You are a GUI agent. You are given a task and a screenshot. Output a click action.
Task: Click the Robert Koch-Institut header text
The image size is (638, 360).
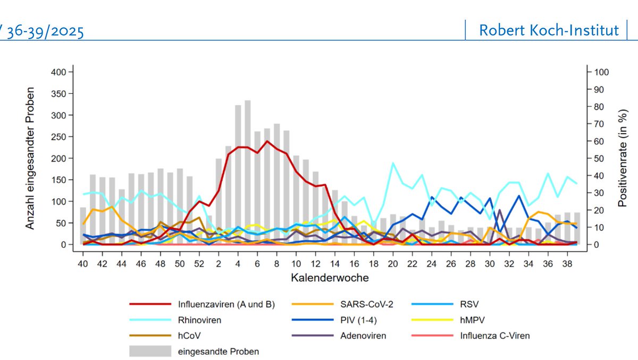point(549,30)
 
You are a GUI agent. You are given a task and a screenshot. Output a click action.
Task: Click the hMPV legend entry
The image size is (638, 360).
point(472,320)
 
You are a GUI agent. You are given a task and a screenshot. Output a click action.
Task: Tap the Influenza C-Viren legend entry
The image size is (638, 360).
point(494,336)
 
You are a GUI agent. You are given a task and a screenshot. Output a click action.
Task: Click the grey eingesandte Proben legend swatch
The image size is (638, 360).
point(150,351)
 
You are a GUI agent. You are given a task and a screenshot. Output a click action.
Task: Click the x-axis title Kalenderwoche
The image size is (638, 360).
point(330,278)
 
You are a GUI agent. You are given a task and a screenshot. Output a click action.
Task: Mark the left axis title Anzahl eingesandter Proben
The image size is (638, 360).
point(30,158)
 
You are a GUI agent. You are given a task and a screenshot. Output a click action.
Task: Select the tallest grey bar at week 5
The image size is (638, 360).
point(248,170)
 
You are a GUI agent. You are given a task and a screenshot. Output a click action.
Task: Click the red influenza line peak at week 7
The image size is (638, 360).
point(267,141)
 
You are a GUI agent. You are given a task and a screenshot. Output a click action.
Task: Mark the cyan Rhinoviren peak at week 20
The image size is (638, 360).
point(393,163)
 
